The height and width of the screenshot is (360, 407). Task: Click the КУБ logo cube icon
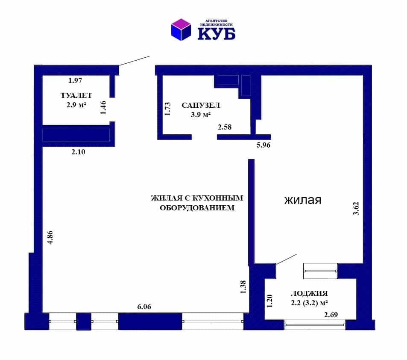point(181,30)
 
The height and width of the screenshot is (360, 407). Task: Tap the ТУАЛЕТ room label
point(76,95)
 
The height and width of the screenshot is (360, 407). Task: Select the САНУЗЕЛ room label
point(201,105)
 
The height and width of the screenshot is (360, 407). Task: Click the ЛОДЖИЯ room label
point(309,293)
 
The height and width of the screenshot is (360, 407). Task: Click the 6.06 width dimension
point(144,307)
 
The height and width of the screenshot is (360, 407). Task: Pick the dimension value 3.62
point(356,209)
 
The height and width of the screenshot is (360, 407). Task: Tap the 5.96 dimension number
point(264,145)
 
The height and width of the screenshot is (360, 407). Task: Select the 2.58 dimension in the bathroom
point(225,127)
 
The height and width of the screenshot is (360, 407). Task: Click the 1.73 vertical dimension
point(168,109)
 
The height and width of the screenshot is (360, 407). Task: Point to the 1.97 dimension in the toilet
point(75,80)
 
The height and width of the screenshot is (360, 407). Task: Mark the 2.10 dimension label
point(78,152)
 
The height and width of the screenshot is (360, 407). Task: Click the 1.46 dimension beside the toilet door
point(103,108)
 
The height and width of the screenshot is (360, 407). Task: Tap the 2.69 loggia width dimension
point(331,315)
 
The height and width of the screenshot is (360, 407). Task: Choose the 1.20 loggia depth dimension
point(269,301)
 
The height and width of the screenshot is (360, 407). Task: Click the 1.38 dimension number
point(243,287)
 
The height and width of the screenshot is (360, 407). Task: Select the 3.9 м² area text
point(201,115)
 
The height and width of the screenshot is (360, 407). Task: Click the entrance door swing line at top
point(135,61)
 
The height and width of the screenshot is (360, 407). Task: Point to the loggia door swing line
point(287,259)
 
